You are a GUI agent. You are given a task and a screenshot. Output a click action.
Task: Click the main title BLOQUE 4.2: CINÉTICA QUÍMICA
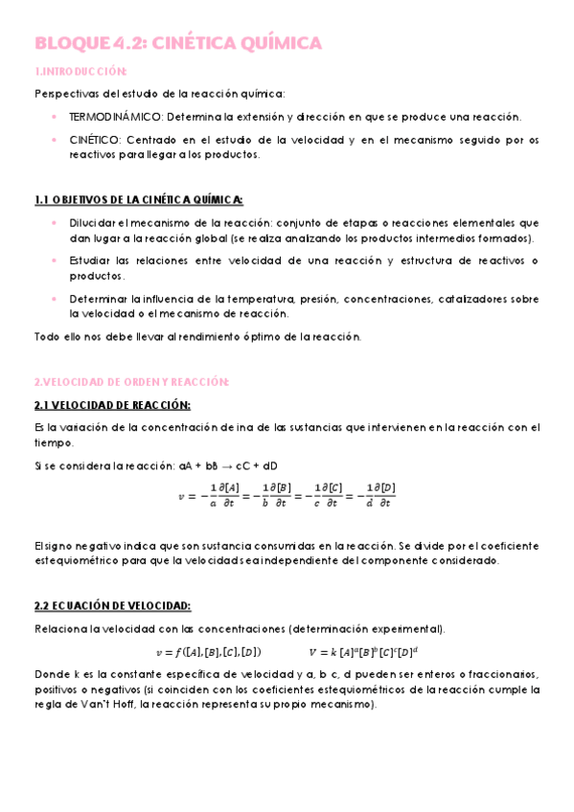click(x=178, y=43)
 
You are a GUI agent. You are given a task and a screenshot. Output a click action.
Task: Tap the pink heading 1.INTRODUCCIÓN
click(x=80, y=71)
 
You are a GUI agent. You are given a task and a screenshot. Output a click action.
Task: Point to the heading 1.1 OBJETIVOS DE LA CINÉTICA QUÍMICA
click(x=138, y=199)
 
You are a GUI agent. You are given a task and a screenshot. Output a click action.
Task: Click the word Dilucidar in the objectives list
click(x=93, y=222)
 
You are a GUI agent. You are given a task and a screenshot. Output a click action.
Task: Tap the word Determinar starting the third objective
click(x=99, y=299)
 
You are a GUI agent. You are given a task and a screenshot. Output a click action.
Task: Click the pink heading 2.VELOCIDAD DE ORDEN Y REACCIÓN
click(x=131, y=382)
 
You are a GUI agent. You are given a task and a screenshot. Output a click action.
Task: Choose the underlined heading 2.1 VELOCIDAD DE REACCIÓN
click(x=112, y=404)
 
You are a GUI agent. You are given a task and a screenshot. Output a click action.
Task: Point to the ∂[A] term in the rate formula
click(x=230, y=487)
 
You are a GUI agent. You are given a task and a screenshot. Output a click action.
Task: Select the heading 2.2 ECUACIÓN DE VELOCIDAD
click(x=112, y=605)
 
